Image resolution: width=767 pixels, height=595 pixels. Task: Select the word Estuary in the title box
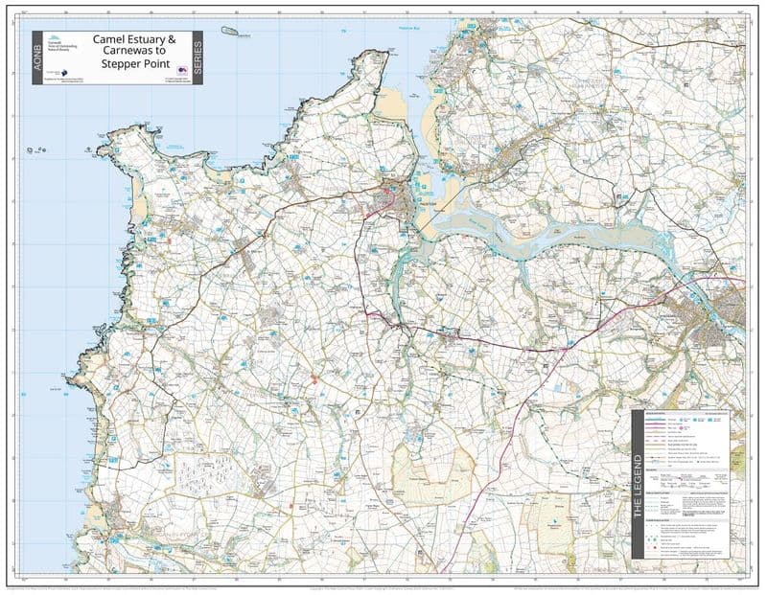click(x=148, y=40)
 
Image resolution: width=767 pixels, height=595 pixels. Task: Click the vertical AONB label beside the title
click(x=39, y=57)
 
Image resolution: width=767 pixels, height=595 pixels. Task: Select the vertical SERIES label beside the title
click(x=197, y=57)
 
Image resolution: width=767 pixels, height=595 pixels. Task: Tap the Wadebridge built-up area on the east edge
click(x=719, y=321)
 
